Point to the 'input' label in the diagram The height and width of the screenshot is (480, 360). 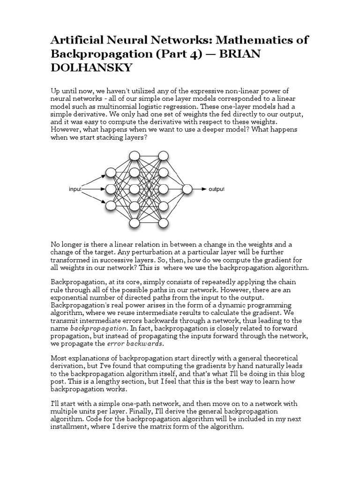(75, 189)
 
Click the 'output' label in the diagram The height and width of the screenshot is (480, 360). (217, 189)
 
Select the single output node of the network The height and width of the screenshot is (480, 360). (187, 189)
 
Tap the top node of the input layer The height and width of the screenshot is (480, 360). (111, 172)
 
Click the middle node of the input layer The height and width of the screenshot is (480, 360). (111, 189)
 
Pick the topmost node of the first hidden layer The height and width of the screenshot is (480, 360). (135, 156)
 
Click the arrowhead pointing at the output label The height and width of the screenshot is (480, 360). (204, 189)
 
